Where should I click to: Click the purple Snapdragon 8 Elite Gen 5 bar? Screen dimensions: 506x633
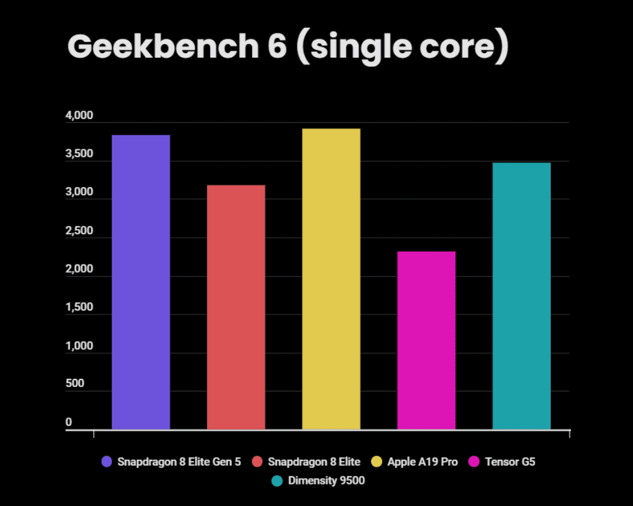pos(141,282)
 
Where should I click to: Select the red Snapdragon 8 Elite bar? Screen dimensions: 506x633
pos(235,307)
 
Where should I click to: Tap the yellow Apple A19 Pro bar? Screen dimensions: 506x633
pos(331,279)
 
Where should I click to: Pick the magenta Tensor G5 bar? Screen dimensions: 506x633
pos(426,340)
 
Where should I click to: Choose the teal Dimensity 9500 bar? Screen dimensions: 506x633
pos(521,296)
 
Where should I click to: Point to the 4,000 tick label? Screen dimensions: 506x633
pos(79,116)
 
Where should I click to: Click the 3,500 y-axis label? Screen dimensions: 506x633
pos(79,155)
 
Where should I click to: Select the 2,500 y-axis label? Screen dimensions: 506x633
pos(79,231)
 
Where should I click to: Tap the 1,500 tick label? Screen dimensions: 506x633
pos(79,308)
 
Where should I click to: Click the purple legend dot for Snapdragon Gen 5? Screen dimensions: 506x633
pos(107,462)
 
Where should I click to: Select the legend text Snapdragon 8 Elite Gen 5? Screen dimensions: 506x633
pos(179,462)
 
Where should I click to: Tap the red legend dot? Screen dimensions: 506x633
pos(257,462)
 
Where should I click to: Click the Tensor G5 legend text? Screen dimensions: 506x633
pos(510,462)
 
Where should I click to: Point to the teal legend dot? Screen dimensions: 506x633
pos(277,481)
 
